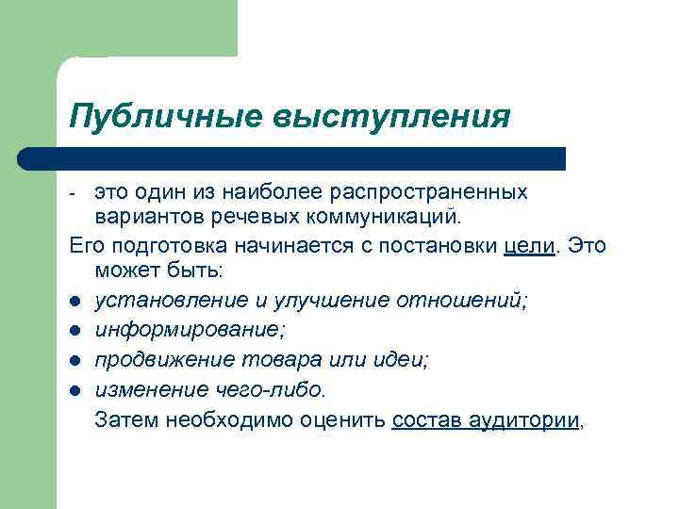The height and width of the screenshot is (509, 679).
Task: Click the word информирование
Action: [x=190, y=330]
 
